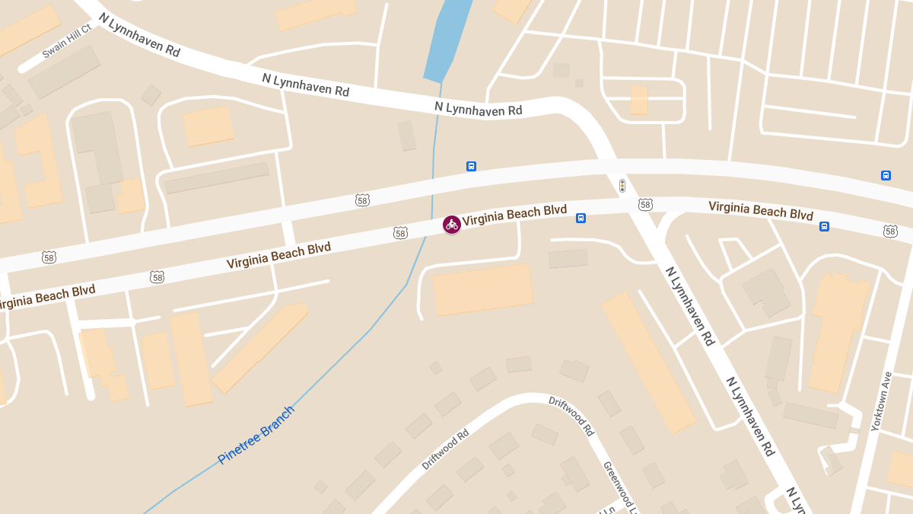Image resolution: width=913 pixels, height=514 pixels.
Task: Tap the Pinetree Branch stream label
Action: tap(256, 435)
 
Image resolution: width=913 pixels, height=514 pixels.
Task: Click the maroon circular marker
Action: tap(452, 224)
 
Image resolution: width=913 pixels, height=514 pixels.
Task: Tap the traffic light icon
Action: tap(622, 185)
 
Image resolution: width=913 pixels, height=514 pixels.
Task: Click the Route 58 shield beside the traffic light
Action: tap(645, 204)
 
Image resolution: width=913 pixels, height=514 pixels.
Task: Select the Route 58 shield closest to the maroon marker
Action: tap(401, 233)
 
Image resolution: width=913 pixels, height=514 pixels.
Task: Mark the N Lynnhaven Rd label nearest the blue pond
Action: tap(478, 109)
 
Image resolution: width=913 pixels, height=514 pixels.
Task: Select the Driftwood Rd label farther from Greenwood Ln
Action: tap(446, 452)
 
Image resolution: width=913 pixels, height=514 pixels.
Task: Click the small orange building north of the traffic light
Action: tap(639, 100)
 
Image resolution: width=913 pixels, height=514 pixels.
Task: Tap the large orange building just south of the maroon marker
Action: tap(482, 289)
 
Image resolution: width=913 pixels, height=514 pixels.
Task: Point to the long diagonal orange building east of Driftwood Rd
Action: tap(648, 362)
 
